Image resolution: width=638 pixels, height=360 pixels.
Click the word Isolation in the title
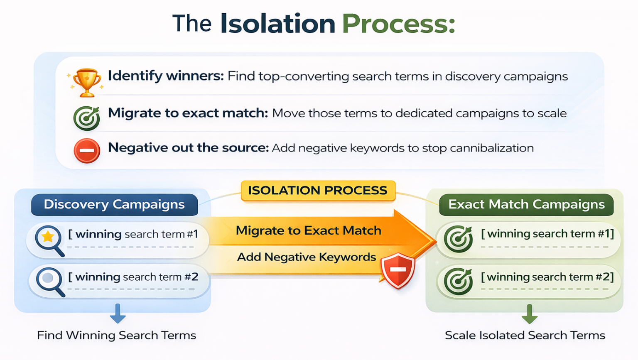coord(277,24)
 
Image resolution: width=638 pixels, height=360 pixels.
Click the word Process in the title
coord(398,24)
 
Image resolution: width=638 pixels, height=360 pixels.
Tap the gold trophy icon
coord(87,82)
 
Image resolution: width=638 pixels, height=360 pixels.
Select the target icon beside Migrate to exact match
coord(87,118)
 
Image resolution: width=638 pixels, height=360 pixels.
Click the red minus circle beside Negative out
coord(87,150)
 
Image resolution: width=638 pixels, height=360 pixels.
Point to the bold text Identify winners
coord(166,76)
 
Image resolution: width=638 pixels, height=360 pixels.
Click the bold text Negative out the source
coord(188,148)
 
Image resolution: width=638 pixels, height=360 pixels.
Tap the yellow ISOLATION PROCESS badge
coord(318,191)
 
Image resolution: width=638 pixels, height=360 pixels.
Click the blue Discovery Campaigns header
coord(114,204)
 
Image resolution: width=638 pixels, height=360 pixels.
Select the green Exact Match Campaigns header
coord(526,204)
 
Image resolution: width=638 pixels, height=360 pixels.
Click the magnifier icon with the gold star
coord(49,240)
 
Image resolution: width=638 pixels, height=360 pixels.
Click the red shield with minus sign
coord(398,270)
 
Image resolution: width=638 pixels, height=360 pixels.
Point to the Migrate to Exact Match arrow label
coord(308,230)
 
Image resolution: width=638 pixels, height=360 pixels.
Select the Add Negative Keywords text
coord(306,257)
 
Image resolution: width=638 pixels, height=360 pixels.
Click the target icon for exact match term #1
coord(458,239)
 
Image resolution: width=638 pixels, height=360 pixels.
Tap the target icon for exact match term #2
coord(458,281)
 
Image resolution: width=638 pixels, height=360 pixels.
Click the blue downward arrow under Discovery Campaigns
coord(118,313)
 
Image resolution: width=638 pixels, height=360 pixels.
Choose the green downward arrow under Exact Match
coord(529,314)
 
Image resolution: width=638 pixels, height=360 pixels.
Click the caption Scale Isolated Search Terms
coord(525,335)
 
